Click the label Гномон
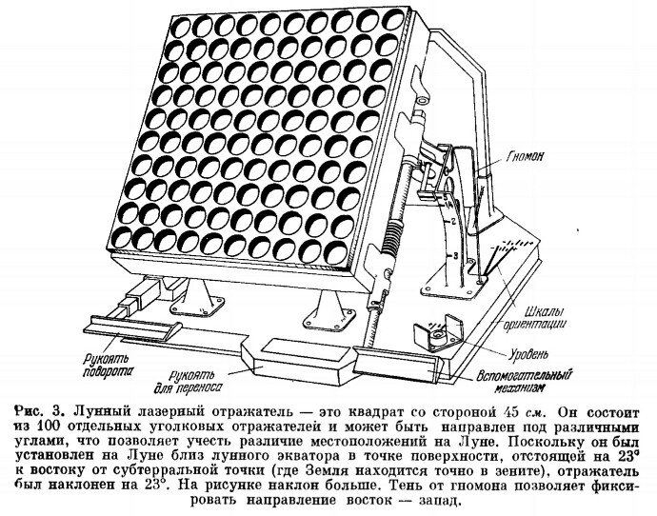click(x=526, y=157)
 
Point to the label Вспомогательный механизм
click(x=525, y=381)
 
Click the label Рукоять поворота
click(x=109, y=366)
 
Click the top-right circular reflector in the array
click(x=393, y=20)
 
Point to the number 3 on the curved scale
click(x=450, y=255)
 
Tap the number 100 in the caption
click(x=46, y=427)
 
